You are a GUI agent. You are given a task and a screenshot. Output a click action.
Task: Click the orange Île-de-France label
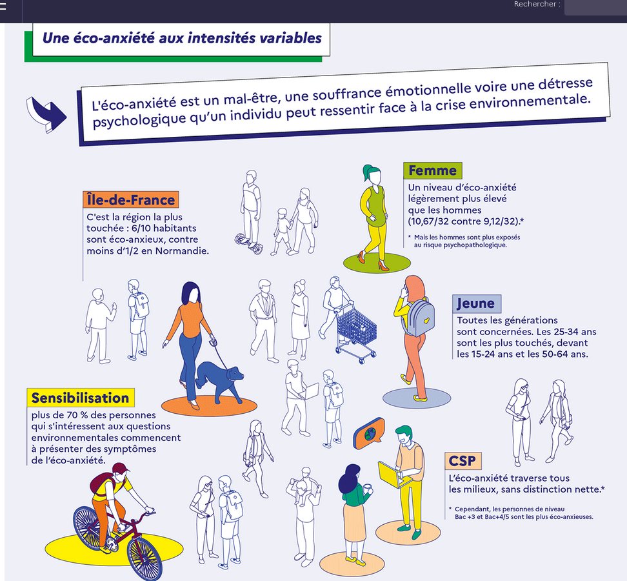coord(131,199)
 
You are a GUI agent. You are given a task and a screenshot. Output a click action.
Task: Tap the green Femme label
coord(433,170)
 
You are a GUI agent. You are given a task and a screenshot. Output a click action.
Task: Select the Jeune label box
coord(476,303)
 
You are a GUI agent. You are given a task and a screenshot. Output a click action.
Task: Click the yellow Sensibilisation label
coord(81,398)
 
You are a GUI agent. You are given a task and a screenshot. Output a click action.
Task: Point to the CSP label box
coord(463,460)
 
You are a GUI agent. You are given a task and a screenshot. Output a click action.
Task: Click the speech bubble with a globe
coord(369,433)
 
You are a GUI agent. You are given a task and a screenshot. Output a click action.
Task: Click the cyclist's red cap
coord(121,468)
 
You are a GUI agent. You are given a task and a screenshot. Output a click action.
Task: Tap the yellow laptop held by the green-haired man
coord(390,474)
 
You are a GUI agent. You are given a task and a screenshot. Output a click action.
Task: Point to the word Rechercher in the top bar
coord(535,4)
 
